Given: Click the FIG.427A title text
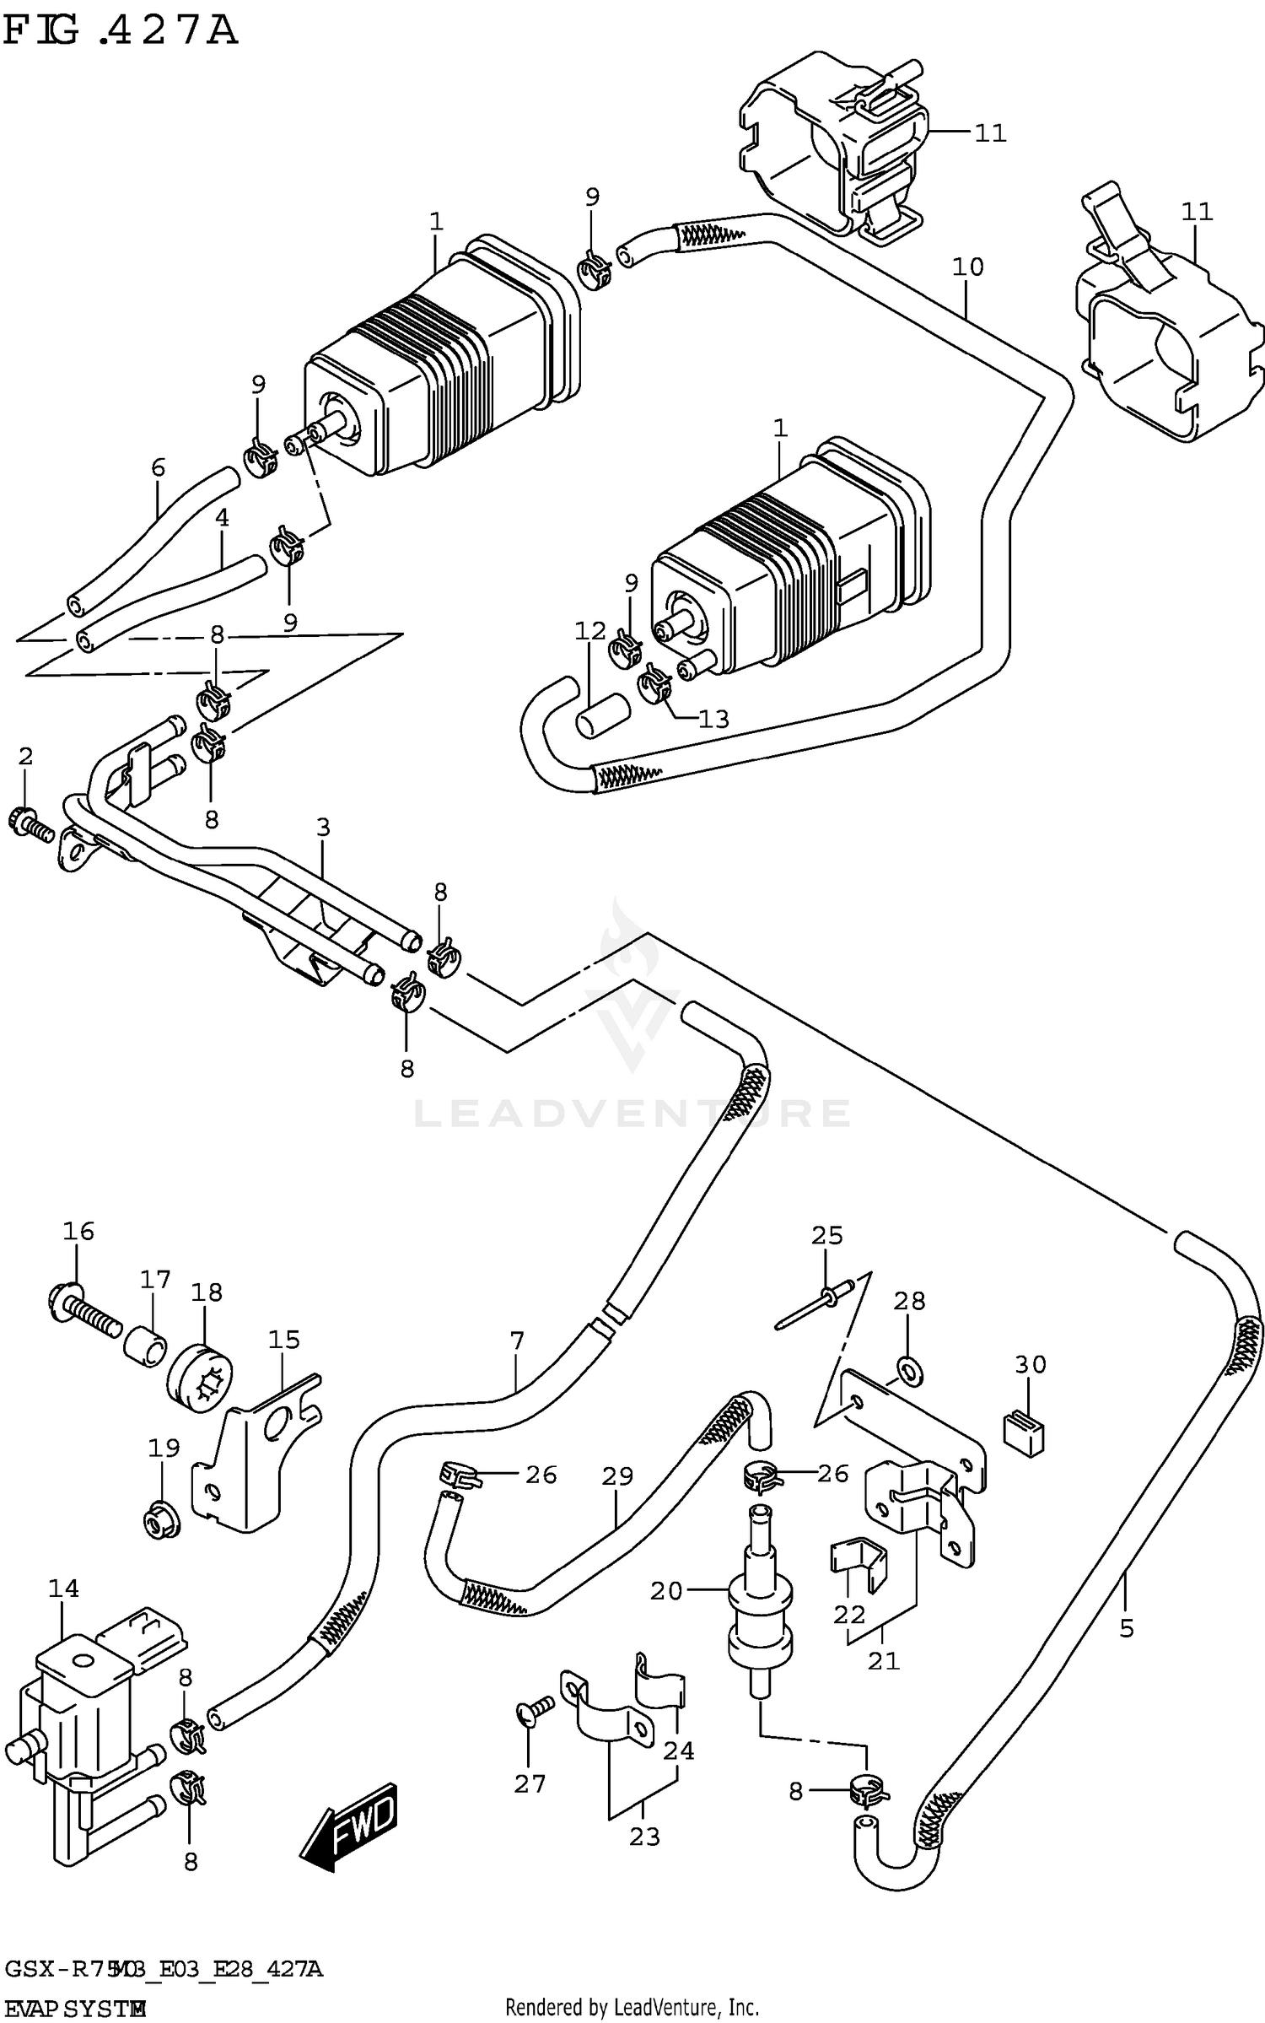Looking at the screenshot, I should pyautogui.click(x=120, y=30).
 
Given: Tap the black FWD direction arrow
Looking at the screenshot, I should pyautogui.click(x=348, y=1824).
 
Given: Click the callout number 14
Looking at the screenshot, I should pyautogui.click(x=63, y=1589).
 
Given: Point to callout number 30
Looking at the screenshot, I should pyautogui.click(x=1031, y=1364).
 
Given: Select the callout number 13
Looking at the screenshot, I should pyautogui.click(x=713, y=719).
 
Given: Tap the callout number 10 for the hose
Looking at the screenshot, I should pyautogui.click(x=967, y=267).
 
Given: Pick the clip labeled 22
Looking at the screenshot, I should pyautogui.click(x=859, y=1564).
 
